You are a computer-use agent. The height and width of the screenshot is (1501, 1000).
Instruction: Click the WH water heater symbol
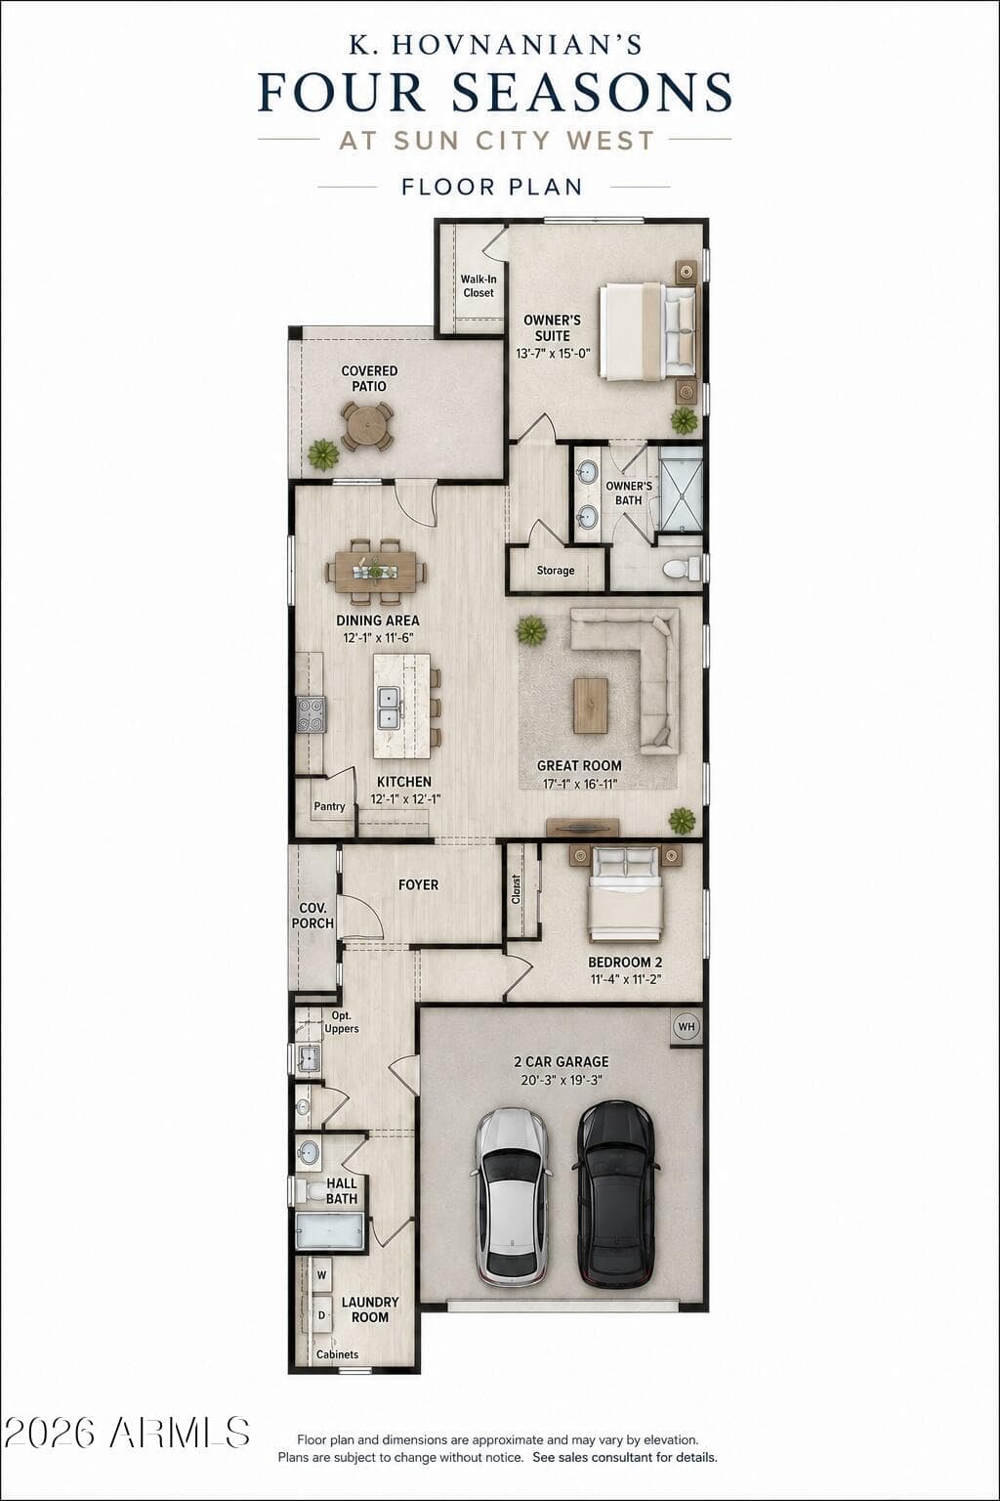click(687, 1026)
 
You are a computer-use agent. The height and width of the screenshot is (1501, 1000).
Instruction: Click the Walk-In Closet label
click(479, 286)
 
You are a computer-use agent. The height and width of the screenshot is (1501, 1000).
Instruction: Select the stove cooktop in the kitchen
click(312, 715)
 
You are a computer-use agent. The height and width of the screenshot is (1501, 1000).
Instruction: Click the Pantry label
click(329, 806)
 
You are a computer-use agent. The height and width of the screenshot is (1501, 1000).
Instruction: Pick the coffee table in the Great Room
click(591, 706)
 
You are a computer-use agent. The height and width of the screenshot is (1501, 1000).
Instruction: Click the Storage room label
click(556, 571)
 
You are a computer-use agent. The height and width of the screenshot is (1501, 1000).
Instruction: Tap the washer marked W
click(321, 1275)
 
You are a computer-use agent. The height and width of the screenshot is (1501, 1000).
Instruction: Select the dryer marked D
click(321, 1315)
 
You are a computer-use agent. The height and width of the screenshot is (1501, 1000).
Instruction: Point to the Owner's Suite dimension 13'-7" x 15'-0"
click(554, 353)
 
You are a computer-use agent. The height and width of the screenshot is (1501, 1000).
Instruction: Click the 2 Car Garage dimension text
click(562, 1080)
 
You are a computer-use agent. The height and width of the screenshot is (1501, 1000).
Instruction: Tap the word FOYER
click(419, 884)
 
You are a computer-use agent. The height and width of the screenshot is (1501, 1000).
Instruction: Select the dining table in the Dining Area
click(376, 572)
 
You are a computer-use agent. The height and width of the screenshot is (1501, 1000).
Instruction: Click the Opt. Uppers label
click(342, 1022)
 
